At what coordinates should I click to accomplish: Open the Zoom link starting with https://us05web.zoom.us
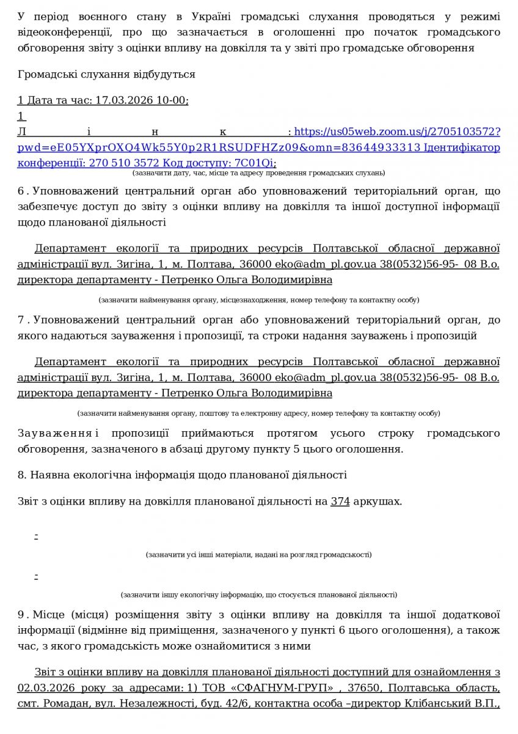click(397, 132)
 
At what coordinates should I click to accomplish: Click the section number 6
click(21, 191)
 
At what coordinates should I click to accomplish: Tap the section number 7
click(21, 319)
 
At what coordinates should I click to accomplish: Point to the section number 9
click(21, 615)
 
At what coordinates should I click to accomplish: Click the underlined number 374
click(340, 502)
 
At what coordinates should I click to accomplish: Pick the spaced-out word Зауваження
click(55, 434)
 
